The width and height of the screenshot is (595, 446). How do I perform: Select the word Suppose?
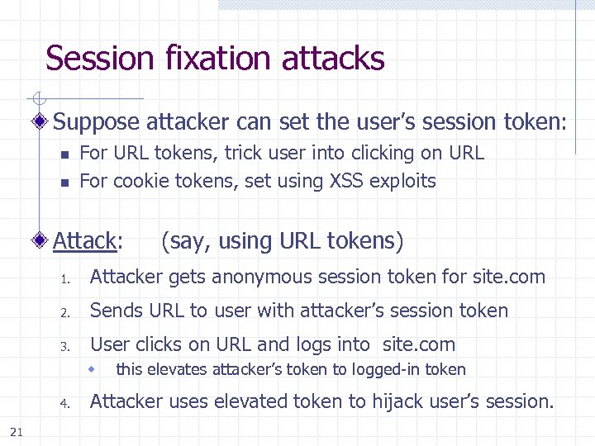[98, 122]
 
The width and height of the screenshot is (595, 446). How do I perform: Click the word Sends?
[112, 311]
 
